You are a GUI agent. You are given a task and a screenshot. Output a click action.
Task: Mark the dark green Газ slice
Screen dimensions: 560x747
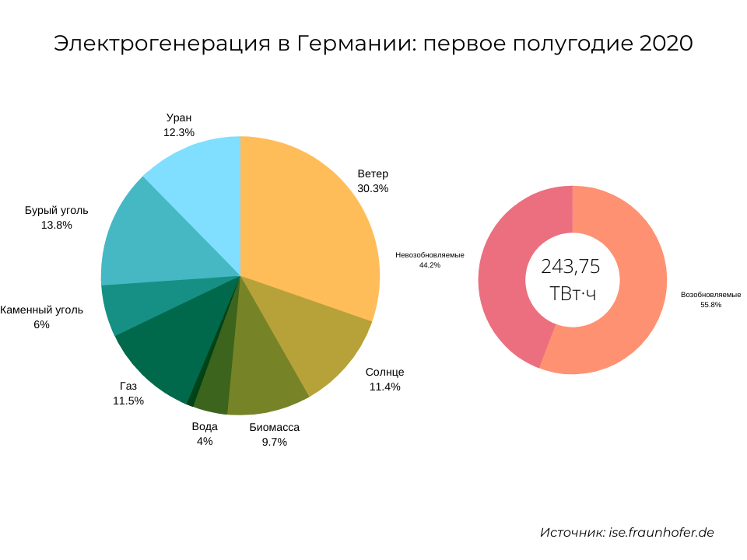coord(167,350)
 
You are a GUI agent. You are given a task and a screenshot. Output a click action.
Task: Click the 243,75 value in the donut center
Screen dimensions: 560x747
coord(571,267)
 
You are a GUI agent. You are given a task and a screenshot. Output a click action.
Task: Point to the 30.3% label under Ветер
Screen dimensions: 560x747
coord(373,188)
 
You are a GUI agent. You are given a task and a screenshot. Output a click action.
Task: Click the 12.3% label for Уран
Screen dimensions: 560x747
coord(178,132)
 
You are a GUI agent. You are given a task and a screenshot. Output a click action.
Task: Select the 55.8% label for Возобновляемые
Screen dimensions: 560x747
coord(710,305)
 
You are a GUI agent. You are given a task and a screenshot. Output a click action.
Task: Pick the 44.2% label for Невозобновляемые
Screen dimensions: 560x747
coord(430,265)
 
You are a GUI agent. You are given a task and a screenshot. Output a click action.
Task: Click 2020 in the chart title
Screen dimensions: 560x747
coord(665,44)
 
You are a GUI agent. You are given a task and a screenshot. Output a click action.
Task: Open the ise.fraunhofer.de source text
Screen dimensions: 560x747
coord(661,533)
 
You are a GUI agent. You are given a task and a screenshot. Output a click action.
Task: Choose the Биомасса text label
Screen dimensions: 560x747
coord(274,427)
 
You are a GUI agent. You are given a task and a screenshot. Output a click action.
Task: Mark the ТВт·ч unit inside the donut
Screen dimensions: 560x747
coord(572,293)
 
